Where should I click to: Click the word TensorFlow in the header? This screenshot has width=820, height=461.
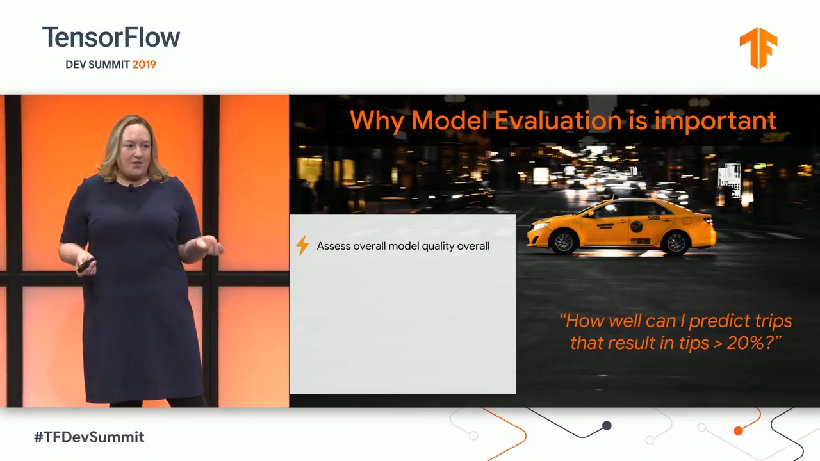[111, 38]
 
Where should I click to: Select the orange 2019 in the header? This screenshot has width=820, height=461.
[144, 65]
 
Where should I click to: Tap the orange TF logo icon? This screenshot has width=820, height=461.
[758, 47]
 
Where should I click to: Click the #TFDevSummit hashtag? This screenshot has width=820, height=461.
[89, 437]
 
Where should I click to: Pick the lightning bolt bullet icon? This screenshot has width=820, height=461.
[302, 246]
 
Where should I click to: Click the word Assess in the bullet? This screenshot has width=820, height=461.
[333, 246]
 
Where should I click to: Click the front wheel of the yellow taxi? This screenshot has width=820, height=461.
[564, 242]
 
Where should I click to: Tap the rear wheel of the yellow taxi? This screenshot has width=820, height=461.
[676, 242]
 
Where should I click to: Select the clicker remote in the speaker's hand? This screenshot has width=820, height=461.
[86, 264]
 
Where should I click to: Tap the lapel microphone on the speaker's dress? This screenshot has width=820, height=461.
[131, 188]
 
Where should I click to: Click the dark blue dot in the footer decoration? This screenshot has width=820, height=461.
[607, 425]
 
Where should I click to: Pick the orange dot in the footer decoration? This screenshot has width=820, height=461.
[738, 431]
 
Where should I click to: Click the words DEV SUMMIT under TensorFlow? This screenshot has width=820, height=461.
[97, 65]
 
